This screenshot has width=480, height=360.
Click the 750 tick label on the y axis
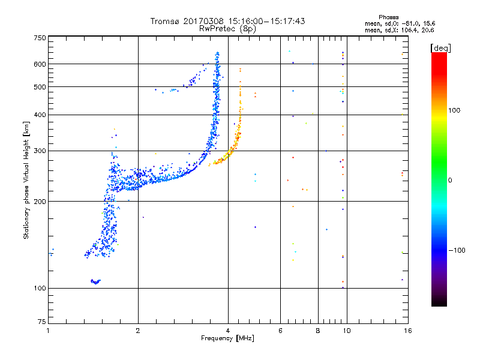coord(40,38)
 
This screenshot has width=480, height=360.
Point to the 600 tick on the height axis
coord(40,64)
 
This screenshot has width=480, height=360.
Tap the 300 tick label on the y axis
coord(40,151)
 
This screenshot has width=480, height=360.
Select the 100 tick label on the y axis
coord(40,288)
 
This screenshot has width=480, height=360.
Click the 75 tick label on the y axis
coord(41,322)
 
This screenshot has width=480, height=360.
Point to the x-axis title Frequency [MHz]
coord(227,338)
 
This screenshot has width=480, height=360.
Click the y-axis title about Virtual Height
coord(26,180)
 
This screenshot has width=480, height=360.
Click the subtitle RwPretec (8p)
coord(228,28)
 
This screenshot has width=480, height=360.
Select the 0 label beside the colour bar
coord(451,180)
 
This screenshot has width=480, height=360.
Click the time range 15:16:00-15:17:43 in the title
coord(264,21)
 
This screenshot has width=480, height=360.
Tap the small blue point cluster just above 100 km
coord(95,281)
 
